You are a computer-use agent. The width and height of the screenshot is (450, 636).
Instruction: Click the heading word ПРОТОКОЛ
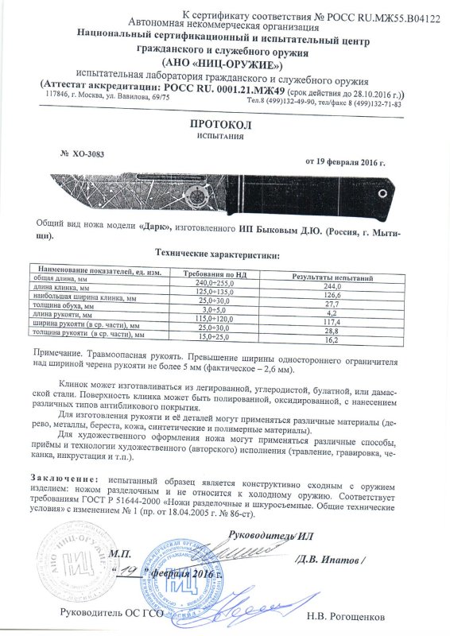223,126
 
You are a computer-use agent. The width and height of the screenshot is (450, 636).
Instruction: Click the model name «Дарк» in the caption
156,227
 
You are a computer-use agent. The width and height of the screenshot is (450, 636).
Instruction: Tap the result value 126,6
332,293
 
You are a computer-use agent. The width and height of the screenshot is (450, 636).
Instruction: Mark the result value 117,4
332,323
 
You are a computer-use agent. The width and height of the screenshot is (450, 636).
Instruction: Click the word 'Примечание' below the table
64,351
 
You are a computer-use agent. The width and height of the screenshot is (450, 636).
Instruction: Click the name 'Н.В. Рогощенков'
345,615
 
